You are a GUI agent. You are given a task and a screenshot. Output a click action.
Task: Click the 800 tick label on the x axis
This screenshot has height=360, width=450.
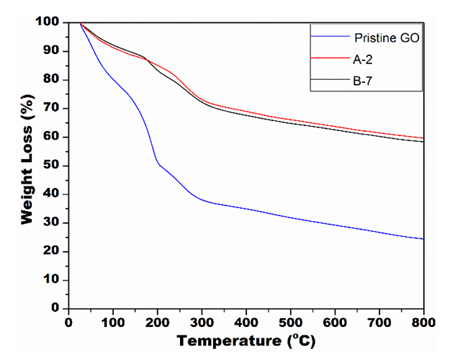click(x=423, y=321)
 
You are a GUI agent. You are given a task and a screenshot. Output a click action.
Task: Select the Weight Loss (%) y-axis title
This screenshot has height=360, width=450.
click(x=27, y=164)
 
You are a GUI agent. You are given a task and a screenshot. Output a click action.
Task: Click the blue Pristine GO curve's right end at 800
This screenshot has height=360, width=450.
click(x=423, y=238)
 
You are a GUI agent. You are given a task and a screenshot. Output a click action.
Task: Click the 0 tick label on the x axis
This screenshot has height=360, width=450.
click(x=69, y=321)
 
